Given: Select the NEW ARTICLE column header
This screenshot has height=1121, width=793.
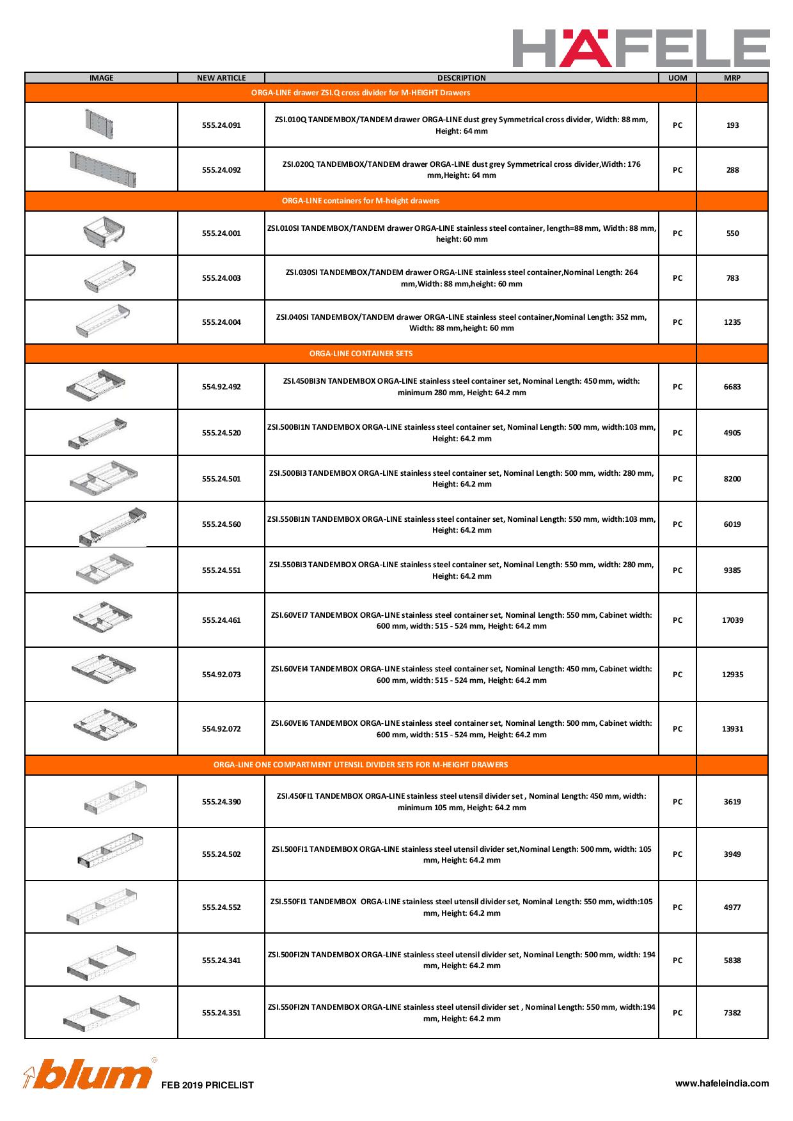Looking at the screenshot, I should [221, 78].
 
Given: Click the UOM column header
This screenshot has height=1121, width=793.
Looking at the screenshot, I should [677, 78].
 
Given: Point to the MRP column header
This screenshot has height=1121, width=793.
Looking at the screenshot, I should [732, 78].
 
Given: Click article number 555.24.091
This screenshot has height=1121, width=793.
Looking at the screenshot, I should [221, 125].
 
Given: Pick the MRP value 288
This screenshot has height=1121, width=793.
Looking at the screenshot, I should [732, 170].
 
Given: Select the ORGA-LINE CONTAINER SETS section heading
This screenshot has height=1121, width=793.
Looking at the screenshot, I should [361, 354].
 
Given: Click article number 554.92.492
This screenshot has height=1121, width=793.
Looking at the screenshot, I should [221, 387].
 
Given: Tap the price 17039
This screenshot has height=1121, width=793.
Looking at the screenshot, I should [732, 620].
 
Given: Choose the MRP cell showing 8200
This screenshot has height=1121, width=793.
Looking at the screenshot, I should [732, 479].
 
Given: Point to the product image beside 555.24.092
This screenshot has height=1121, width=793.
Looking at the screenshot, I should [104, 169].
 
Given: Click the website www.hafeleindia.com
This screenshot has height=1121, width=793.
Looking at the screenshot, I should [722, 1083].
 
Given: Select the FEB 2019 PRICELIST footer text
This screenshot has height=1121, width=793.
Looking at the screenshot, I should [207, 1085].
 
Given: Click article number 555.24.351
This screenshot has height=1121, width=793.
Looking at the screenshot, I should [221, 1013].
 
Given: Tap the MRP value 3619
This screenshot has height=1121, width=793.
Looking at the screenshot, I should [732, 802].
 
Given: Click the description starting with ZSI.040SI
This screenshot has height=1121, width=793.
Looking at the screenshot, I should [461, 322].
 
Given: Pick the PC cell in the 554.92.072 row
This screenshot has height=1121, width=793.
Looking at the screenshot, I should [677, 729].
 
